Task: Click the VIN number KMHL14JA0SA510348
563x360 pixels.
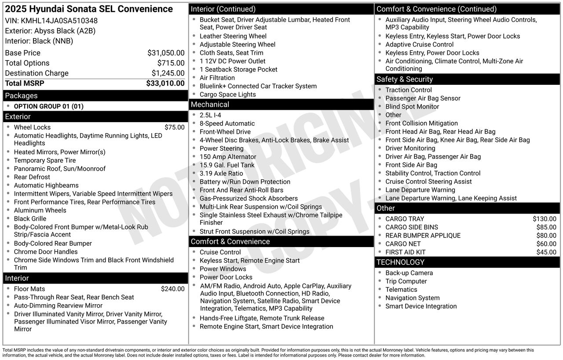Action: [x=59, y=21]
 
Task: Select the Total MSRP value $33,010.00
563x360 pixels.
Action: [x=165, y=84]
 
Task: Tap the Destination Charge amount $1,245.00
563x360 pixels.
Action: [x=168, y=73]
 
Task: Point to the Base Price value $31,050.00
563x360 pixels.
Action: [x=166, y=53]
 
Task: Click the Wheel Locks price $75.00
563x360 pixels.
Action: [x=175, y=127]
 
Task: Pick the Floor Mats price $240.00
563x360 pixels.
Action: [x=172, y=289]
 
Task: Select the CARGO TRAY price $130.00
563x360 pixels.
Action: [x=544, y=219]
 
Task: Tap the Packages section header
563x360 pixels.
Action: [x=21, y=96]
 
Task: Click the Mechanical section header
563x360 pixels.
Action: [x=210, y=105]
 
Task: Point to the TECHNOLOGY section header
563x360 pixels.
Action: [x=400, y=262]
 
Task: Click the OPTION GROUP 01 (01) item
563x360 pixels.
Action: [x=48, y=106]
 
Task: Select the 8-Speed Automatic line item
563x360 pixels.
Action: [x=227, y=124]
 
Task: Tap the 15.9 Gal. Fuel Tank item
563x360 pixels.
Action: [x=227, y=165]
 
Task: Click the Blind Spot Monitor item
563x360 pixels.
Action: [x=412, y=107]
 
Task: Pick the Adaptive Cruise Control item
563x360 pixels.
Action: [x=419, y=44]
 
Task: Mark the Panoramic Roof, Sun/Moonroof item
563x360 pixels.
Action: [x=59, y=169]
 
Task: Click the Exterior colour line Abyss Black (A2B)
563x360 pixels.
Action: [x=50, y=31]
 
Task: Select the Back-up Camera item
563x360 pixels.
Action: [x=409, y=273]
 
